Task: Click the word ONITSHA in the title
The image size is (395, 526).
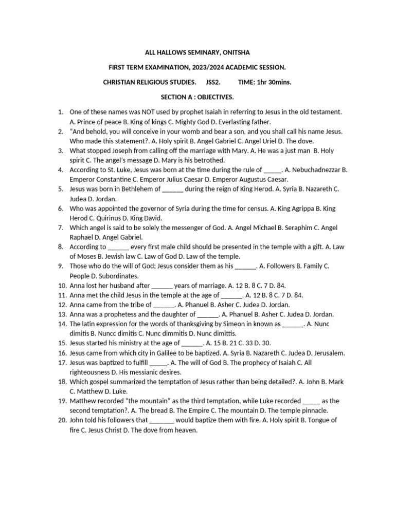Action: (x=235, y=52)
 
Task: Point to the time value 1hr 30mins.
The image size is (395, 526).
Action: (x=273, y=82)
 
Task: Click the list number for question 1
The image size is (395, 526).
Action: (x=60, y=111)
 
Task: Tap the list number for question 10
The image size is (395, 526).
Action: (x=62, y=286)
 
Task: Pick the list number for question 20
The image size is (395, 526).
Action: (x=62, y=421)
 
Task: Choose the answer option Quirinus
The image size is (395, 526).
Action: (x=110, y=218)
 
